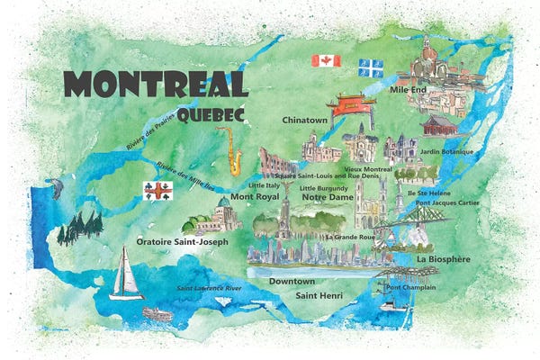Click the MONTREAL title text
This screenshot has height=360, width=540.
(157, 85)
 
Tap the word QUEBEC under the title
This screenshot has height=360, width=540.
(213, 115)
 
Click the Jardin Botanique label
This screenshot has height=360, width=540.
(446, 151)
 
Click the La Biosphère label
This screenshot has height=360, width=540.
(445, 259)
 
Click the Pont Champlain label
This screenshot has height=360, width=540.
(410, 287)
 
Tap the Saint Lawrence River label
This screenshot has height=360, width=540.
(209, 287)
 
